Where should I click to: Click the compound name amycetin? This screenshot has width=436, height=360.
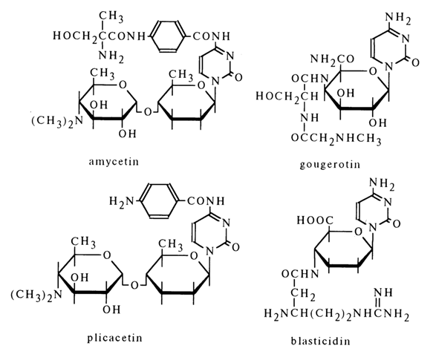click(114, 162)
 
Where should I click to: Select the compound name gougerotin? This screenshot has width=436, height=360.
click(330, 165)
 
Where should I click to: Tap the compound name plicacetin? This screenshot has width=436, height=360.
click(114, 338)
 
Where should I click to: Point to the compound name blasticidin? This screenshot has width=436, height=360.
click(321, 341)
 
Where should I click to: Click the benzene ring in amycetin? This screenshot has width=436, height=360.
click(168, 36)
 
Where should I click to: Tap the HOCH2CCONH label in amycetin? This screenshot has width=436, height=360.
click(100, 36)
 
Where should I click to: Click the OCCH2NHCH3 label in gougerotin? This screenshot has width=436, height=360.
click(336, 138)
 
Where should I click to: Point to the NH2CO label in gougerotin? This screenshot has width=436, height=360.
click(332, 59)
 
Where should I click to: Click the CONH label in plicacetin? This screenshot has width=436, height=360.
click(206, 201)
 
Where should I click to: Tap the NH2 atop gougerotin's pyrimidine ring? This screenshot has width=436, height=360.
click(398, 19)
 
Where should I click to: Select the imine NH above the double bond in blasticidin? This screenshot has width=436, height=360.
click(383, 292)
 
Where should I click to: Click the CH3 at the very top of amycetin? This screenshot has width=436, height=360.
click(111, 16)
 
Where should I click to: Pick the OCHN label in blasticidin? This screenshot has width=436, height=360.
click(300, 275)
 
